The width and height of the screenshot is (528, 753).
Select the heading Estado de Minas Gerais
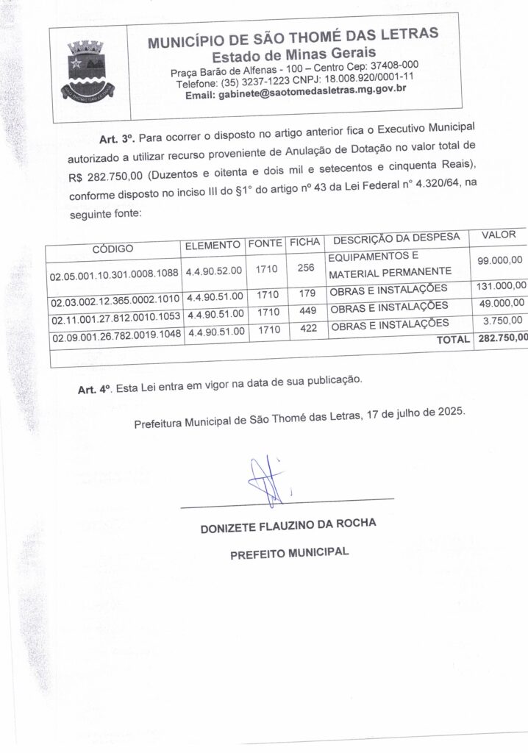(293, 54)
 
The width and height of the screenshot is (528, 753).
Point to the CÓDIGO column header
(113, 249)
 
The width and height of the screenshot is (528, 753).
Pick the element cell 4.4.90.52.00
(213, 271)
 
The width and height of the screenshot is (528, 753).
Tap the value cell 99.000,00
(499, 260)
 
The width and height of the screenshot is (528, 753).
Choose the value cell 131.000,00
(500, 285)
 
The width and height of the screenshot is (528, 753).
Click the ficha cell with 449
(308, 310)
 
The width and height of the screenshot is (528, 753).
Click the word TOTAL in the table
(453, 339)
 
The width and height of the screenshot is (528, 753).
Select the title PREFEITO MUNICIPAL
(289, 552)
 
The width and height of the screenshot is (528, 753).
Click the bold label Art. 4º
(93, 388)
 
